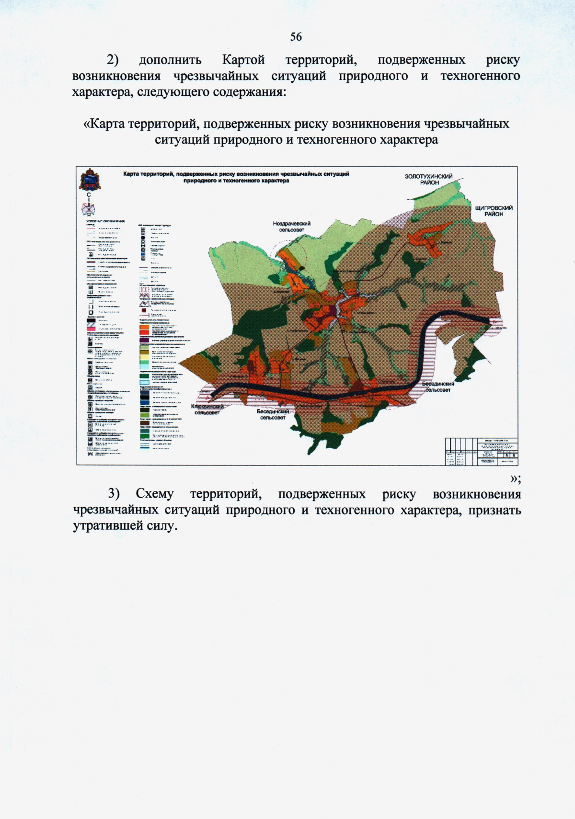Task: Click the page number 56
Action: pyautogui.click(x=296, y=37)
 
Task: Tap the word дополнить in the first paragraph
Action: pyautogui.click(x=170, y=60)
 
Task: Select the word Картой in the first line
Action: pyautogui.click(x=243, y=60)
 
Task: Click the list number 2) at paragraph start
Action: pyautogui.click(x=113, y=60)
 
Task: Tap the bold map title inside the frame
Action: pyautogui.click(x=236, y=177)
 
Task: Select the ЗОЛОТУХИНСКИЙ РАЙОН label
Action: pyautogui.click(x=428, y=179)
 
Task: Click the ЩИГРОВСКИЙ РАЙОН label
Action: pyautogui.click(x=494, y=211)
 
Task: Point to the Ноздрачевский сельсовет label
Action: pyautogui.click(x=291, y=227)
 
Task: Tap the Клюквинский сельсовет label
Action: pyautogui.click(x=207, y=409)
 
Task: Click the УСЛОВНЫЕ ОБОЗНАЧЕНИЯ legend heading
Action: pyautogui.click(x=105, y=221)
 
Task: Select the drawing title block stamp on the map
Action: pyautogui.click(x=481, y=451)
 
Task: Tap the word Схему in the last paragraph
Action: pyautogui.click(x=154, y=494)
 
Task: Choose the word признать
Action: pyautogui.click(x=494, y=510)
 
